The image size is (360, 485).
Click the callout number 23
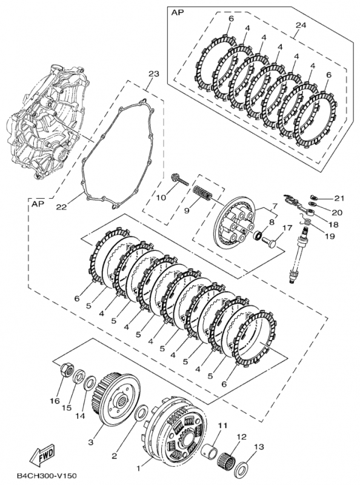click(153, 74)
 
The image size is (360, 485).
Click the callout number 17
click(287, 229)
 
